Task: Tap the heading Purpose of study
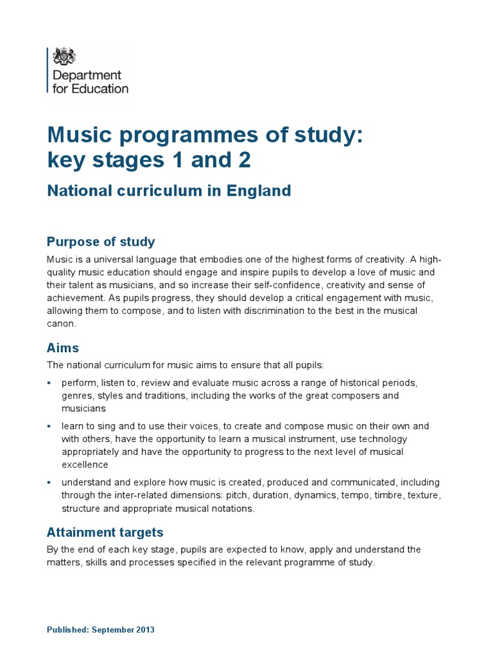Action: pyautogui.click(x=101, y=242)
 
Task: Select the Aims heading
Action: pyautogui.click(x=63, y=348)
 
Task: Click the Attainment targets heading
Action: pyautogui.click(x=105, y=532)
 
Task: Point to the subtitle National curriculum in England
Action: pyautogui.click(x=169, y=191)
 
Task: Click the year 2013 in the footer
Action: pyautogui.click(x=144, y=630)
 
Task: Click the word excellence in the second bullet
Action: pyautogui.click(x=85, y=465)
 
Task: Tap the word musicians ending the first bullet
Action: pyautogui.click(x=83, y=408)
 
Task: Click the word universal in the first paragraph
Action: pyautogui.click(x=111, y=259)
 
